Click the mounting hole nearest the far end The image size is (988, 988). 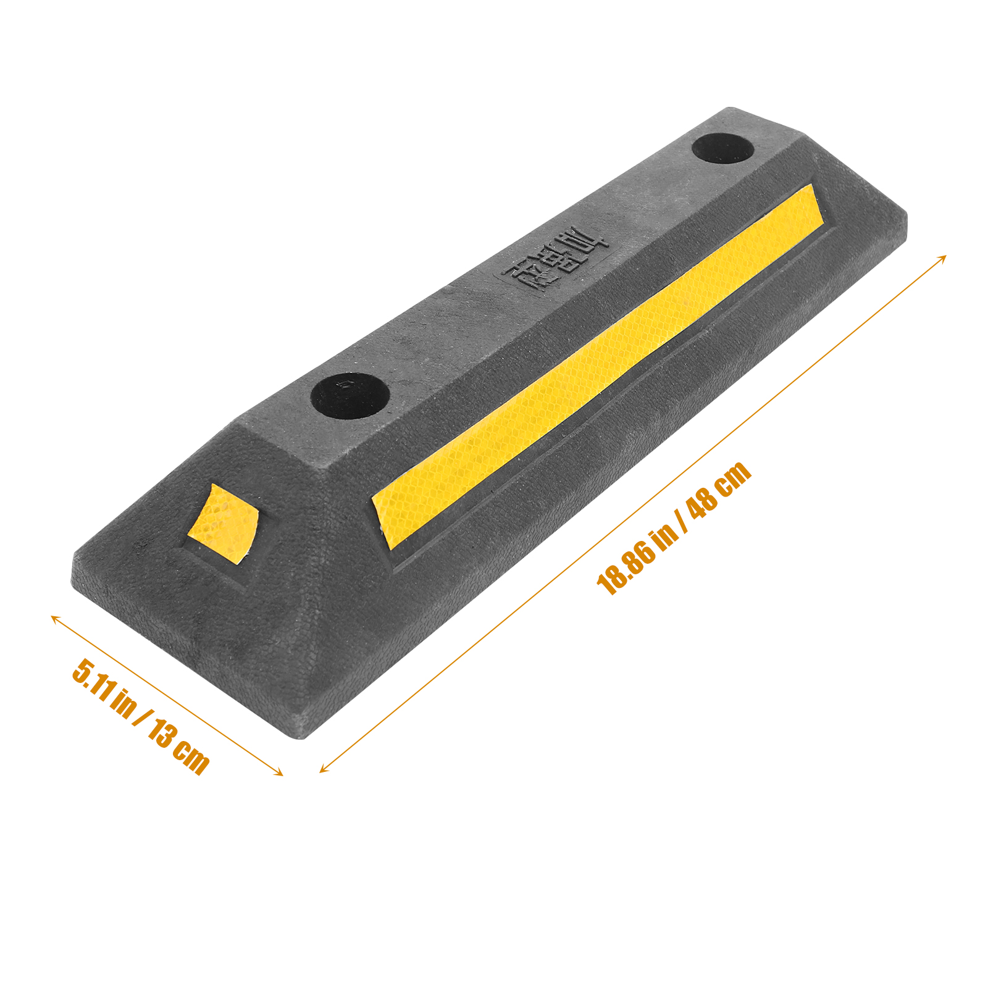(722, 149)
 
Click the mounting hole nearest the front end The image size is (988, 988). (350, 395)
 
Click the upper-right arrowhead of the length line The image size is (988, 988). (944, 256)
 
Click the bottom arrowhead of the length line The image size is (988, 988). (321, 771)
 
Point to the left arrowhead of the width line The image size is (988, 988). (52, 616)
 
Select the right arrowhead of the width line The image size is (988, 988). (282, 774)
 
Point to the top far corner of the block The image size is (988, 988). (732, 109)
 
